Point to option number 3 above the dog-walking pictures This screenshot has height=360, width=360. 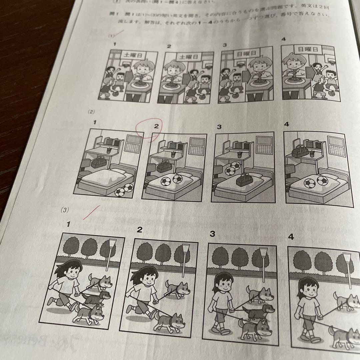pos(212,234)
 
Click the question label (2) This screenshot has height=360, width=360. pos(91,112)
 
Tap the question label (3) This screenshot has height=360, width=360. pos(65,210)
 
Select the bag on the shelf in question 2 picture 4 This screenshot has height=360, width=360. pos(300,152)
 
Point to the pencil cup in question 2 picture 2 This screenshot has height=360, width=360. pos(173,155)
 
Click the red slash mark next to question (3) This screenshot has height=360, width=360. pos(92,213)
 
